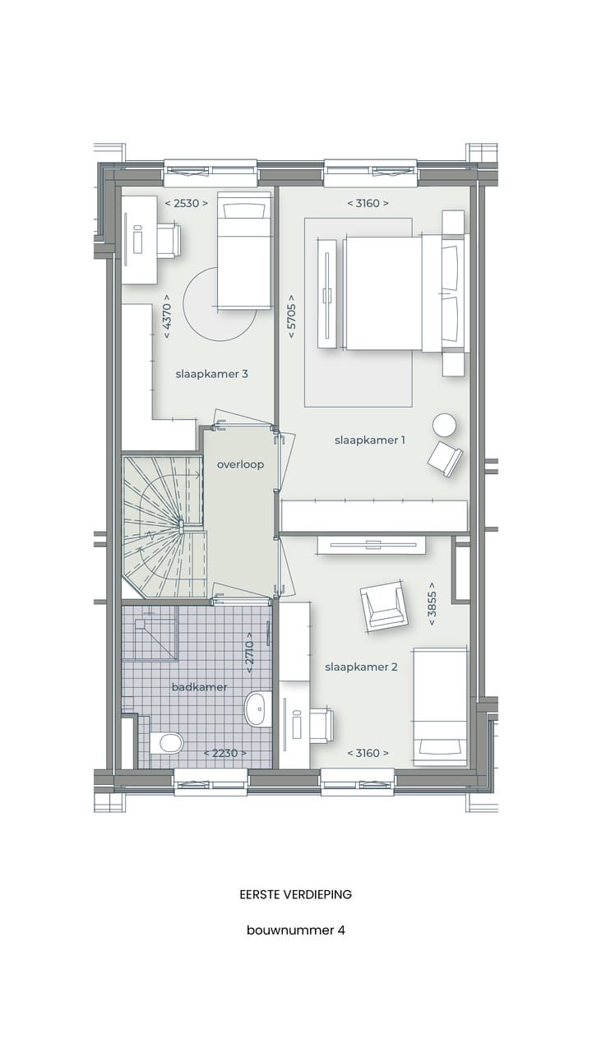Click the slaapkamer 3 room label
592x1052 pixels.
click(x=211, y=374)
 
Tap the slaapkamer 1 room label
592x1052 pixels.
click(x=369, y=440)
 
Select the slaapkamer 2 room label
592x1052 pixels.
click(x=361, y=667)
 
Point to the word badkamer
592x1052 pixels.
click(x=199, y=687)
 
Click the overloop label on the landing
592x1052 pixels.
click(x=240, y=464)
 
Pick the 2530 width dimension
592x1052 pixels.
click(x=187, y=203)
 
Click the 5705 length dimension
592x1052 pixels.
click(x=291, y=316)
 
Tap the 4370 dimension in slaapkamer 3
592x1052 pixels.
click(x=167, y=316)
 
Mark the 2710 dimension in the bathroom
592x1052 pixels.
click(x=249, y=653)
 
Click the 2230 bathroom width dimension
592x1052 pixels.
click(x=225, y=753)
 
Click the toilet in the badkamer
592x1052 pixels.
click(x=169, y=742)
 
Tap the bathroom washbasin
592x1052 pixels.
click(x=257, y=708)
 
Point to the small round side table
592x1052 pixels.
click(x=445, y=424)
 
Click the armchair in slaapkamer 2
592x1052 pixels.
click(x=383, y=605)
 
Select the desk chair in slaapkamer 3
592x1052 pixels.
click(x=168, y=241)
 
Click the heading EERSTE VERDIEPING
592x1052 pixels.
click(x=296, y=894)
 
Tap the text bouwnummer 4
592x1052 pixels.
click(x=296, y=930)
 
